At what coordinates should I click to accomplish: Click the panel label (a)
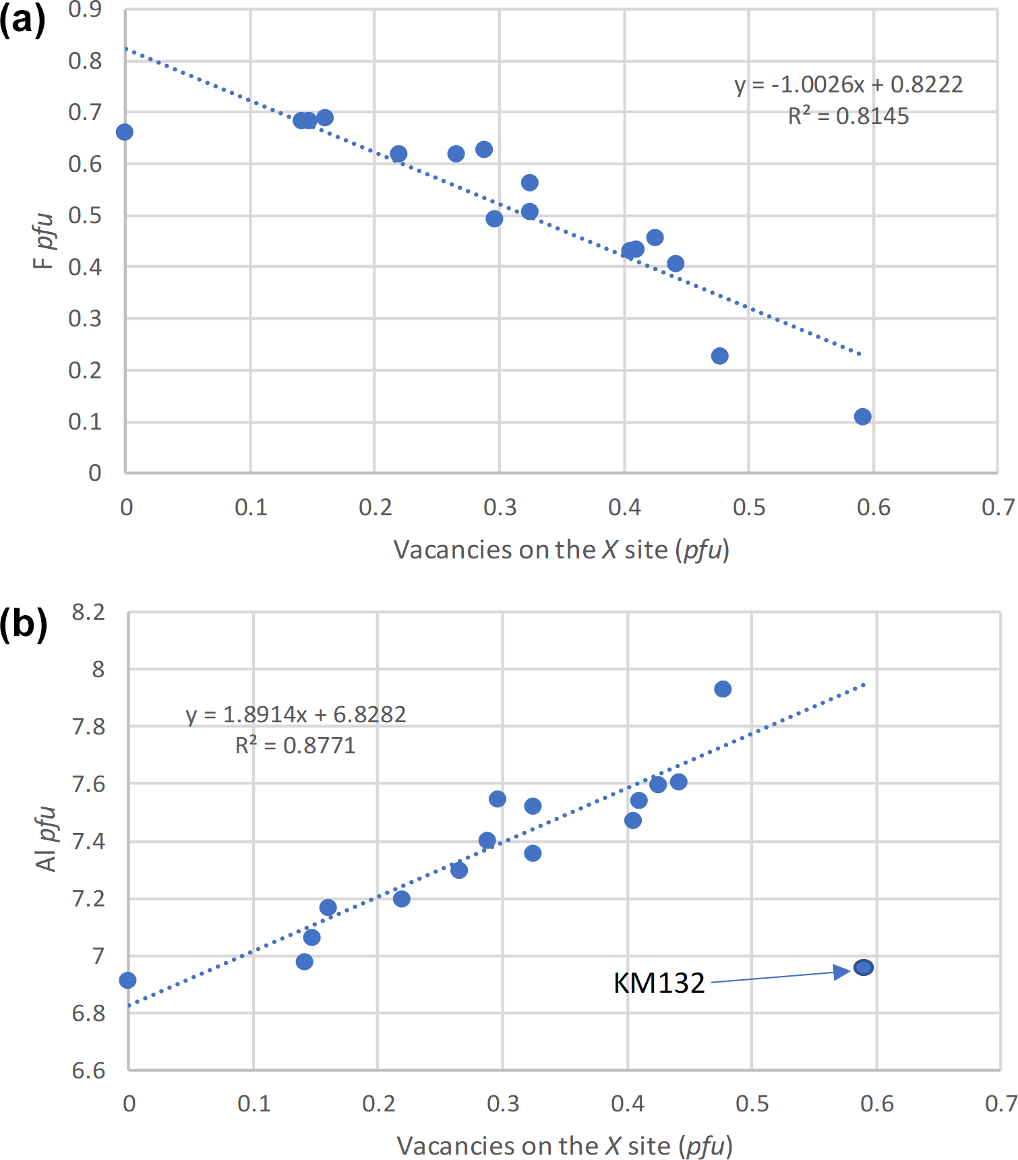tap(22, 20)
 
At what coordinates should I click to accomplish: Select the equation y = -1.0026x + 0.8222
tap(848, 85)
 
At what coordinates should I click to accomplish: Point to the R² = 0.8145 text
tap(848, 117)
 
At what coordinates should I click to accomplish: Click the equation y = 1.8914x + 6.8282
tap(296, 714)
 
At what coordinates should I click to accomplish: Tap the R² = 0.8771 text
tap(295, 745)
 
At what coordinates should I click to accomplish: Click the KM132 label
tap(659, 983)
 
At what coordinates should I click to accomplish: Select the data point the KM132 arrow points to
tap(864, 968)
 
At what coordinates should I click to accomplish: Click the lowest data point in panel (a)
tap(862, 417)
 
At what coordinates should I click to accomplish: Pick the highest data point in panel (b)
tap(723, 689)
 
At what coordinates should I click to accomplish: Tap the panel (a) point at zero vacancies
tap(125, 132)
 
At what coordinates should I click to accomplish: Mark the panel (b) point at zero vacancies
tap(127, 980)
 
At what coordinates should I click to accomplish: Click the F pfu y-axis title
tap(43, 241)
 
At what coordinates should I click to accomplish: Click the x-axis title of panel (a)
tap(561, 550)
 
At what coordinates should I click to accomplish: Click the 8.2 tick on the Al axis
tap(88, 612)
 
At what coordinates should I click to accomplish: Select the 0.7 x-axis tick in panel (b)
tap(1001, 1103)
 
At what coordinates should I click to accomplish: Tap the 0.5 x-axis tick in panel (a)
tap(749, 507)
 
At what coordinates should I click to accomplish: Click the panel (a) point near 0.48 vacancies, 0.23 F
tap(719, 356)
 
